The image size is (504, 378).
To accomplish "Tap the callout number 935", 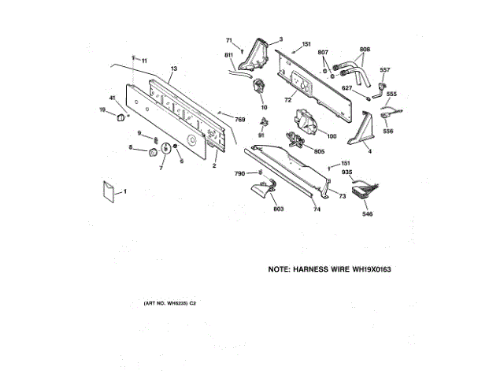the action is point(346,173).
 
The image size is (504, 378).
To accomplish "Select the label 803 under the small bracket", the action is point(278,209).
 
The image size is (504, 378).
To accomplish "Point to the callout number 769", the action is point(239,119).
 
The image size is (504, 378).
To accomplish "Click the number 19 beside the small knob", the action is point(102,110).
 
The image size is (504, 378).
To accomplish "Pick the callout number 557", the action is point(385,70).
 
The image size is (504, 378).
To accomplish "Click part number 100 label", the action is point(332,136).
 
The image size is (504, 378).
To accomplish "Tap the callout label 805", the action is point(319,151).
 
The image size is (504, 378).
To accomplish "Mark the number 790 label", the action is point(239,173).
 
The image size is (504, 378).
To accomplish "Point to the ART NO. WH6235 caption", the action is point(169,303).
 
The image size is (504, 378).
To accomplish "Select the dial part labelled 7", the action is point(166,150).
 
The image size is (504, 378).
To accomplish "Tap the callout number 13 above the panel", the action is point(173,70).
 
